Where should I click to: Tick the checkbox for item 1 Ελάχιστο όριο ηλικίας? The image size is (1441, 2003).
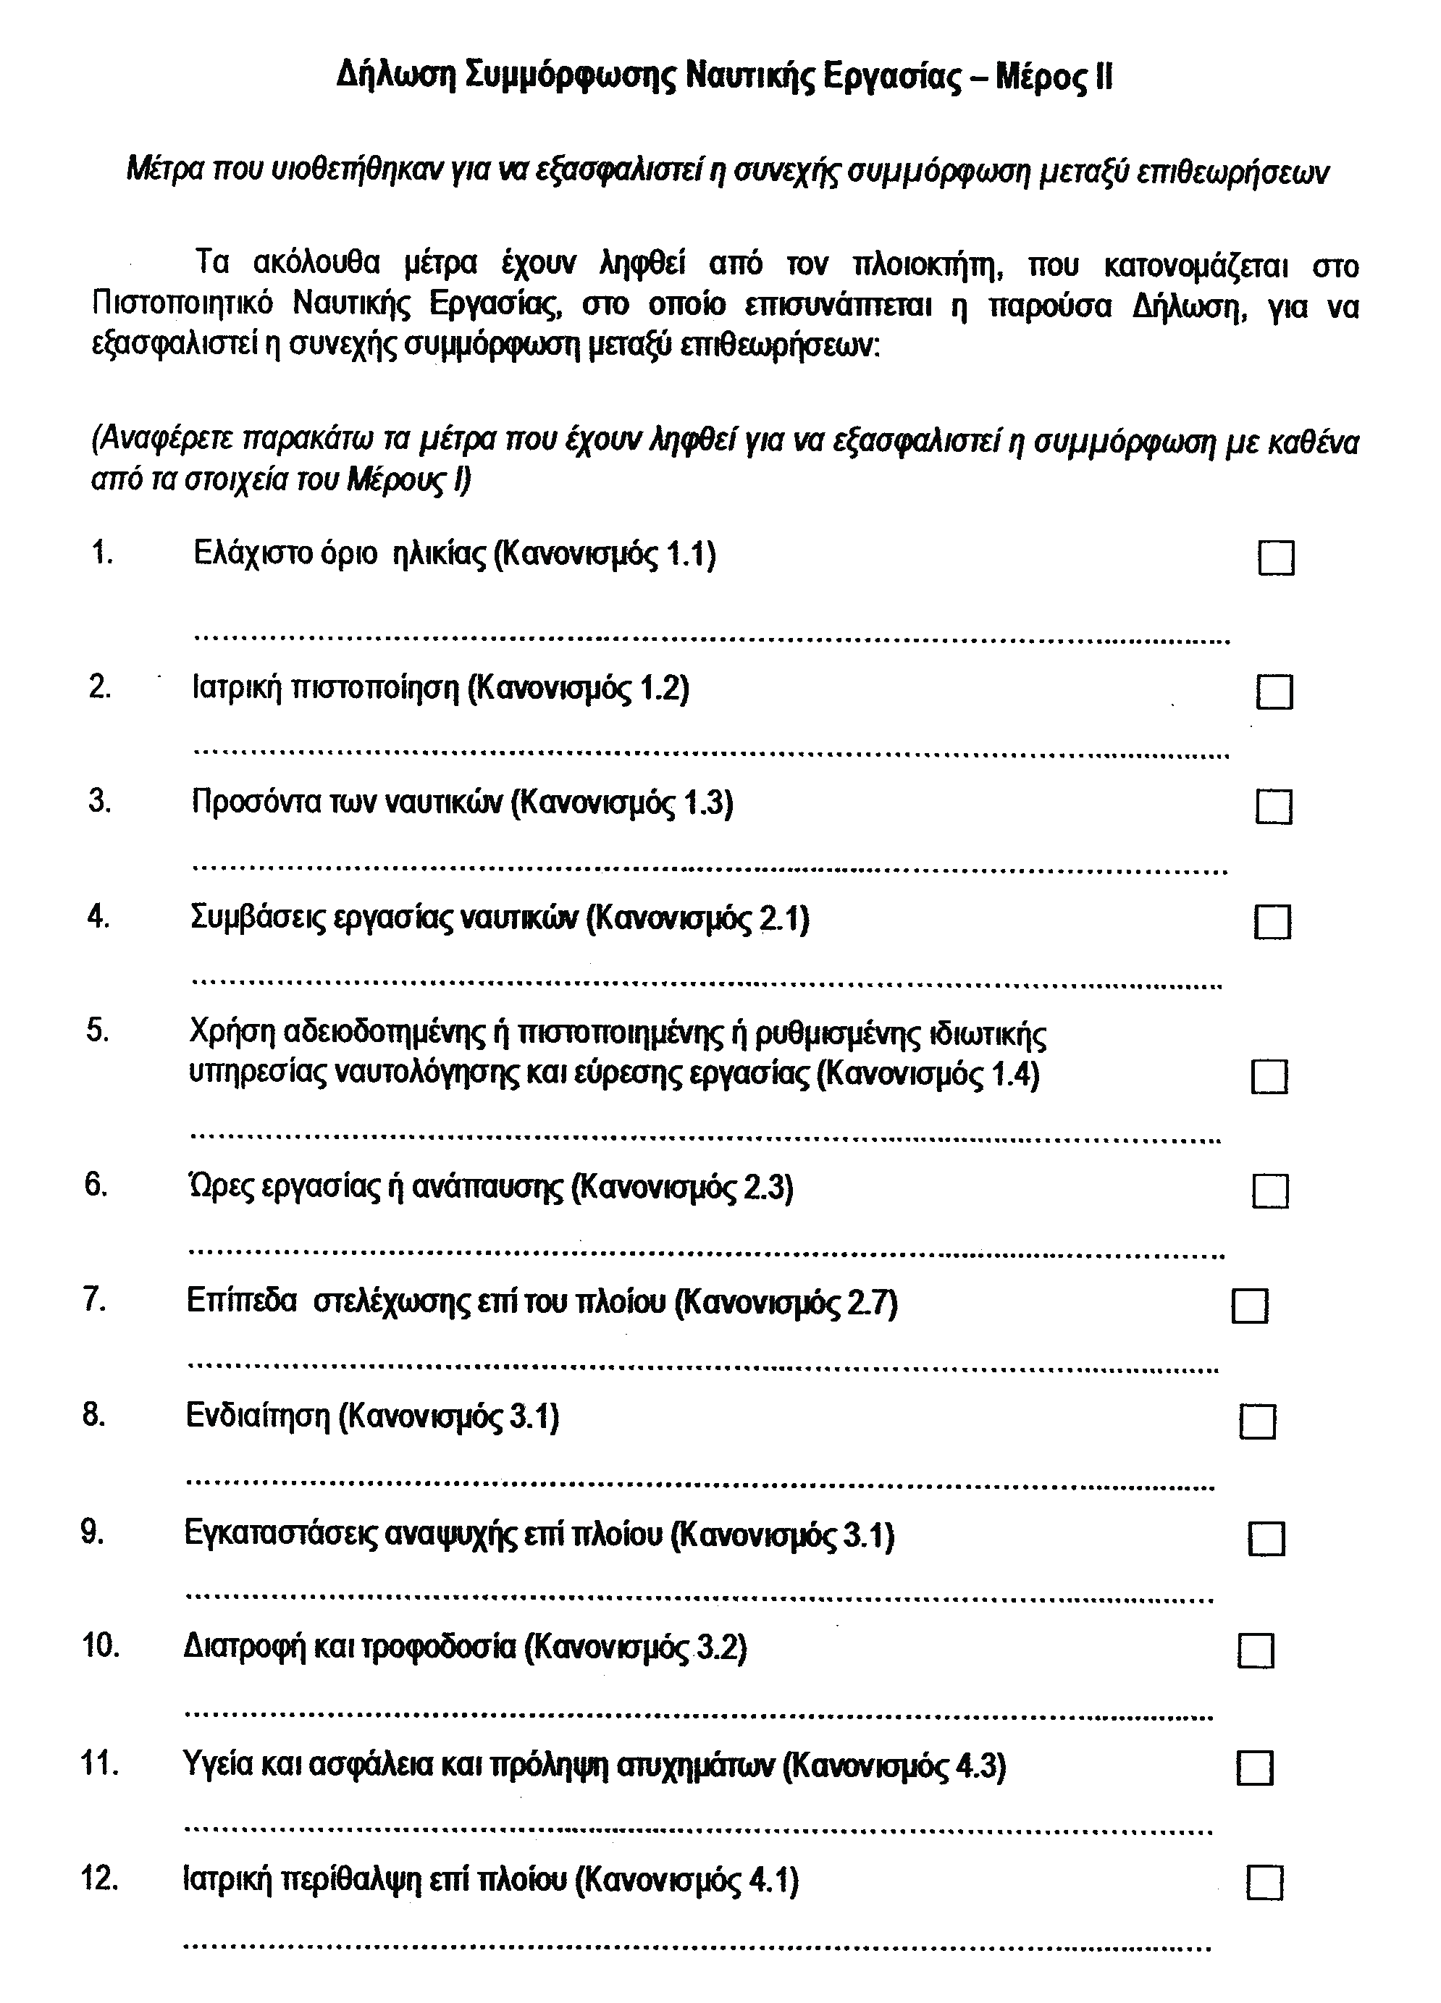coord(1275,558)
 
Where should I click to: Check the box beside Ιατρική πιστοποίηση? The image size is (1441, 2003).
coord(1274,692)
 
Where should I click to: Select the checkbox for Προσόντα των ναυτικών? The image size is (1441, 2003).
coord(1273,806)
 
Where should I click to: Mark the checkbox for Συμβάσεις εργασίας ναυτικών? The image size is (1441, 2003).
coord(1272,923)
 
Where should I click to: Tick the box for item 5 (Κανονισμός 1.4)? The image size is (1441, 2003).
coord(1269,1077)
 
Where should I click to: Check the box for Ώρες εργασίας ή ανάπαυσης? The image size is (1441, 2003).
coord(1269,1191)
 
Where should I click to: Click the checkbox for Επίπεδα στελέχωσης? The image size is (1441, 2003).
coord(1249,1306)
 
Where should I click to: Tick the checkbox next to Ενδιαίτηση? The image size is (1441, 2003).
coord(1257,1421)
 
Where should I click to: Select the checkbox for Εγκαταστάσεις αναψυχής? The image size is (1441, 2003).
coord(1267,1537)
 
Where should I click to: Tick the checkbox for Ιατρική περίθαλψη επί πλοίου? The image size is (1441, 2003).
coord(1264,1882)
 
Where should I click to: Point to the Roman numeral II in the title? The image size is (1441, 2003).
coord(1103,77)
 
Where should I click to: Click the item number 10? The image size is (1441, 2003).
coord(101,1646)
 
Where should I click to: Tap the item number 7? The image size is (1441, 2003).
coord(96,1301)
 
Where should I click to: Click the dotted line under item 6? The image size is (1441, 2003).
coord(706,1254)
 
